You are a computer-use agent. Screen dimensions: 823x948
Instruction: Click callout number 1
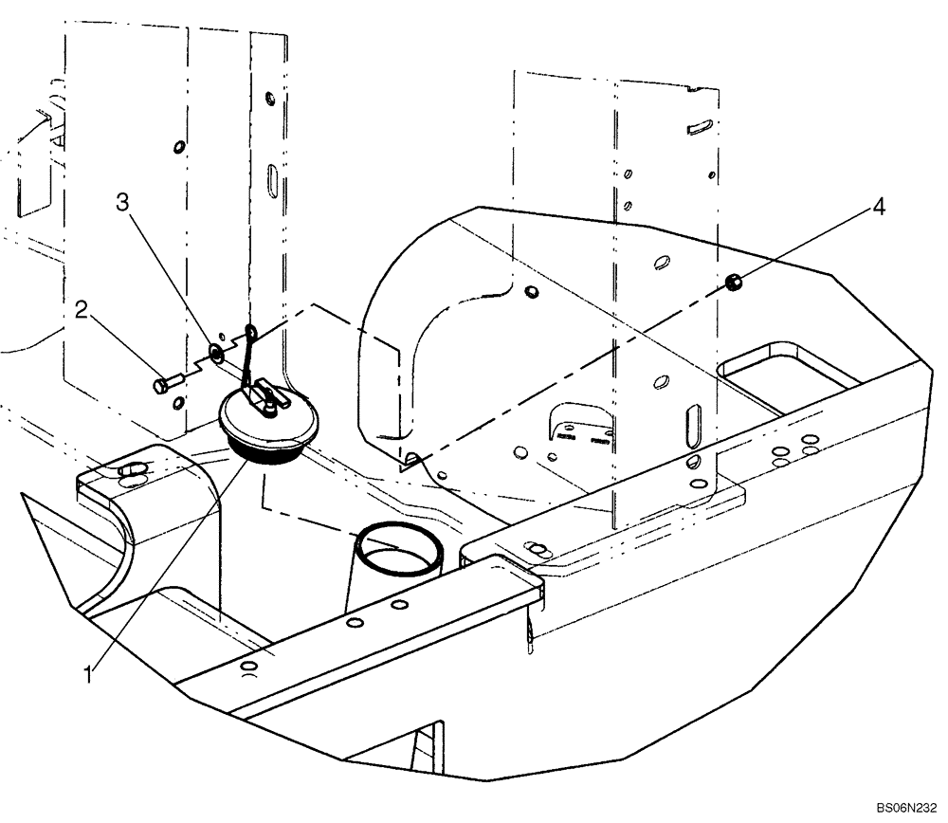click(88, 675)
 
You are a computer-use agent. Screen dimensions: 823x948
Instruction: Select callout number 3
click(121, 203)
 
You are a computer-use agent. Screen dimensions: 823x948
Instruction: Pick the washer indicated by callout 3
click(216, 354)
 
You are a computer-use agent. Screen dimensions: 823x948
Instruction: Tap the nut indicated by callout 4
click(732, 282)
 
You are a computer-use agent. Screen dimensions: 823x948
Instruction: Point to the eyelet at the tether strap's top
click(251, 331)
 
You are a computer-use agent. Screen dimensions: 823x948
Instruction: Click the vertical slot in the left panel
click(271, 179)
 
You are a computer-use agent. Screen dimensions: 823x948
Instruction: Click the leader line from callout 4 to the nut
click(806, 244)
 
